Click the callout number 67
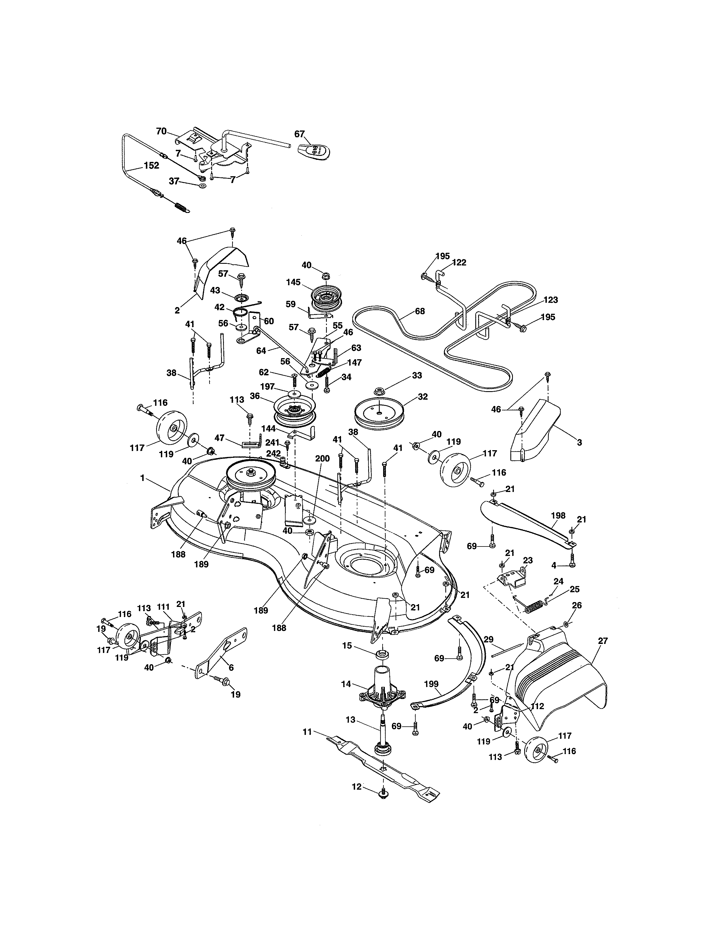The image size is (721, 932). [299, 134]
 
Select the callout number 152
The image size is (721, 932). [151, 166]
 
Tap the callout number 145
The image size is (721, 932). [294, 282]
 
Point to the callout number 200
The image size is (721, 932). [323, 458]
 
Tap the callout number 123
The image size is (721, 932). [551, 300]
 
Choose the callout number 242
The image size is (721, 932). [273, 453]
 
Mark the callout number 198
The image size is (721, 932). [558, 515]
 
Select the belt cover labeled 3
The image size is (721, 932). [534, 431]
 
